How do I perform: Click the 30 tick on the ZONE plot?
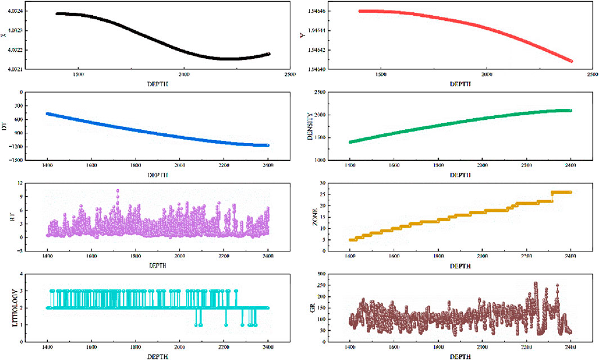[332, 183]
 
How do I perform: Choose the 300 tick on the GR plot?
[331, 274]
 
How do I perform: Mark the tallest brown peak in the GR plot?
[535, 283]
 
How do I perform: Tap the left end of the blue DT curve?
[48, 114]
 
